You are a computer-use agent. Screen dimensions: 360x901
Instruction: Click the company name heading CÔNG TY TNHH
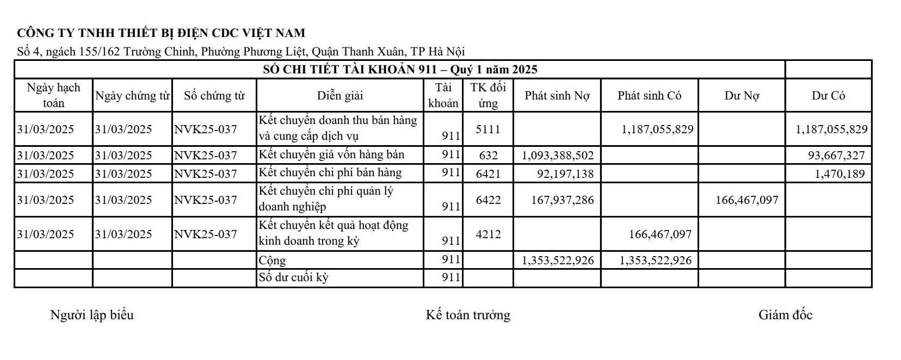coord(161,33)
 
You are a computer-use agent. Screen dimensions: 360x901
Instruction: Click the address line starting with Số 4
coord(241,52)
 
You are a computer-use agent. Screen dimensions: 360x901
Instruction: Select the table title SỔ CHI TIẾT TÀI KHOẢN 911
coord(400,70)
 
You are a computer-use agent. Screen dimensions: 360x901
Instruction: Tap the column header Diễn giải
coord(340,96)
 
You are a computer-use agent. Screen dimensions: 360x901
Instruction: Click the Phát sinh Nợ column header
coord(557,96)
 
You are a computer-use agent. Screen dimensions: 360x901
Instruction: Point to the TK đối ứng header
coord(488,95)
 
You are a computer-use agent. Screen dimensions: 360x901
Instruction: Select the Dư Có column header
coord(828,96)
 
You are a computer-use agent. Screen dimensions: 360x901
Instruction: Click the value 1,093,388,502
coord(558,156)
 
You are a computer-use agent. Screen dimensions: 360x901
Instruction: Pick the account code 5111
coord(487,129)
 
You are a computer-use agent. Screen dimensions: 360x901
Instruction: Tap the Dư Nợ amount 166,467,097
coord(746,200)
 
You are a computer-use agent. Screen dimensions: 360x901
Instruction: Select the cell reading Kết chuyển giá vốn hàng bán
coord(331,155)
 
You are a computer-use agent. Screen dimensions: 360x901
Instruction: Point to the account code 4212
coord(487,234)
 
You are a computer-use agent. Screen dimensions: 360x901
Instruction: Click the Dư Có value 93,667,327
coord(836,156)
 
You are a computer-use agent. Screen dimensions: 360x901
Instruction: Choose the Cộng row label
coord(272,260)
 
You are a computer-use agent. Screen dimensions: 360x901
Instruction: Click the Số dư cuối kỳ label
coord(293,278)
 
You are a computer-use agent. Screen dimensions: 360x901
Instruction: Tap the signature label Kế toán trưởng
coord(468,315)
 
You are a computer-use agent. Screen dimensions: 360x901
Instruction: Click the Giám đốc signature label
coord(785,315)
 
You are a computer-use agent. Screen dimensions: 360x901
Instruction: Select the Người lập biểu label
coord(91,315)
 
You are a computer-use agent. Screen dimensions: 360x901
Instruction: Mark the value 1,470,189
coord(840,174)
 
